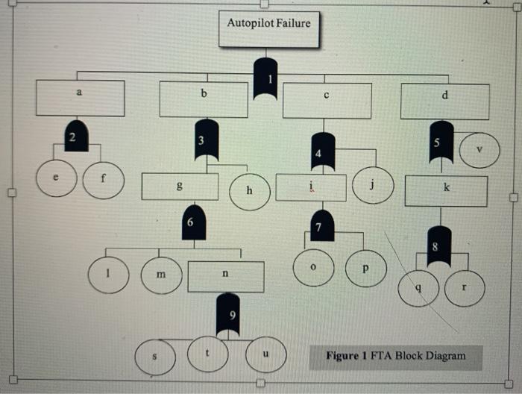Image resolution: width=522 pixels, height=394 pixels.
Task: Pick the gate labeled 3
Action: (x=201, y=140)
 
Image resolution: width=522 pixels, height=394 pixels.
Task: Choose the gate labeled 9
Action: (x=233, y=314)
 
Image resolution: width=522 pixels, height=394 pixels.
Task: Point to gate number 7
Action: (x=319, y=226)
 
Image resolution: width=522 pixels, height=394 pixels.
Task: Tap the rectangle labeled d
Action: (x=444, y=101)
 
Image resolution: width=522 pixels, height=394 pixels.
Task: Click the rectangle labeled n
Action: (x=225, y=275)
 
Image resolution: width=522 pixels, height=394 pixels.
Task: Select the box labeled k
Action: (x=446, y=191)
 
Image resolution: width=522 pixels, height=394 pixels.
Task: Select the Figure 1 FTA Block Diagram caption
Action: (x=395, y=356)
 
